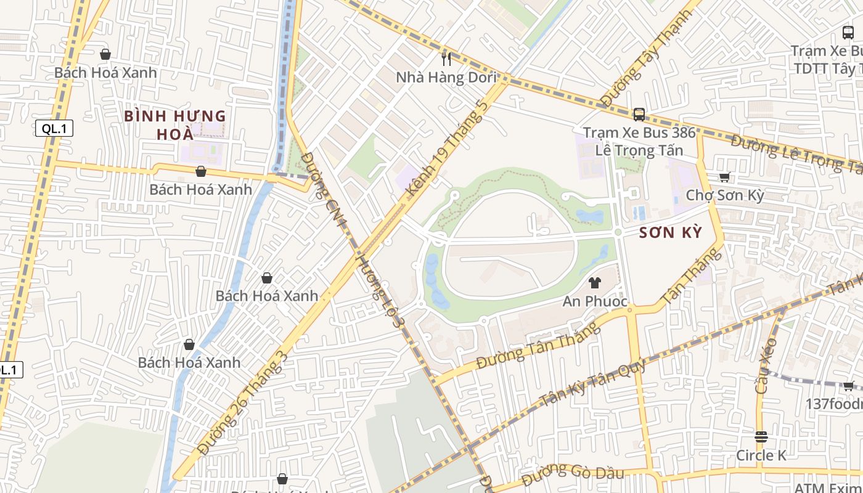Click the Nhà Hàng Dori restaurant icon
click(447, 59)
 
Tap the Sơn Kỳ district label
click(671, 232)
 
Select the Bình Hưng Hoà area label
click(175, 124)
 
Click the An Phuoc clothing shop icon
click(595, 283)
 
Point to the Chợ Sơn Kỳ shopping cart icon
click(725, 177)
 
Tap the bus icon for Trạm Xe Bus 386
click(639, 114)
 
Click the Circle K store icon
click(761, 437)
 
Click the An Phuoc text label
click(595, 301)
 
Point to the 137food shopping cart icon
click(848, 386)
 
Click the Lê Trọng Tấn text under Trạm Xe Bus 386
click(639, 150)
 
